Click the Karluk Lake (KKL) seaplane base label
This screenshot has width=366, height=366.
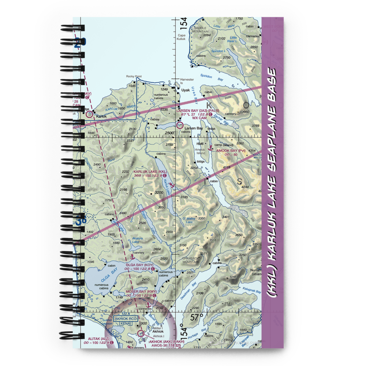click(150, 171)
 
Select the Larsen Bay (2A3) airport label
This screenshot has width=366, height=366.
click(192, 110)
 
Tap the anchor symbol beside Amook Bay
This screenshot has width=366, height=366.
click(210, 148)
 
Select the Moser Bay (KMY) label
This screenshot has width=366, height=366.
click(141, 292)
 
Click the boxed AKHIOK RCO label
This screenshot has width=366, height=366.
click(126, 319)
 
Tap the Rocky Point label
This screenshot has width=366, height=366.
click(134, 76)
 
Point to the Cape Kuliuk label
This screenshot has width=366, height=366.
click(182, 37)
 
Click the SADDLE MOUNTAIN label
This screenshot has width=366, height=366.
click(200, 30)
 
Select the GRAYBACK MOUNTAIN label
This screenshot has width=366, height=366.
click(191, 260)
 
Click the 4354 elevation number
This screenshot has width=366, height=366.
click(252, 151)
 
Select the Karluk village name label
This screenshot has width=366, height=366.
click(101, 117)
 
